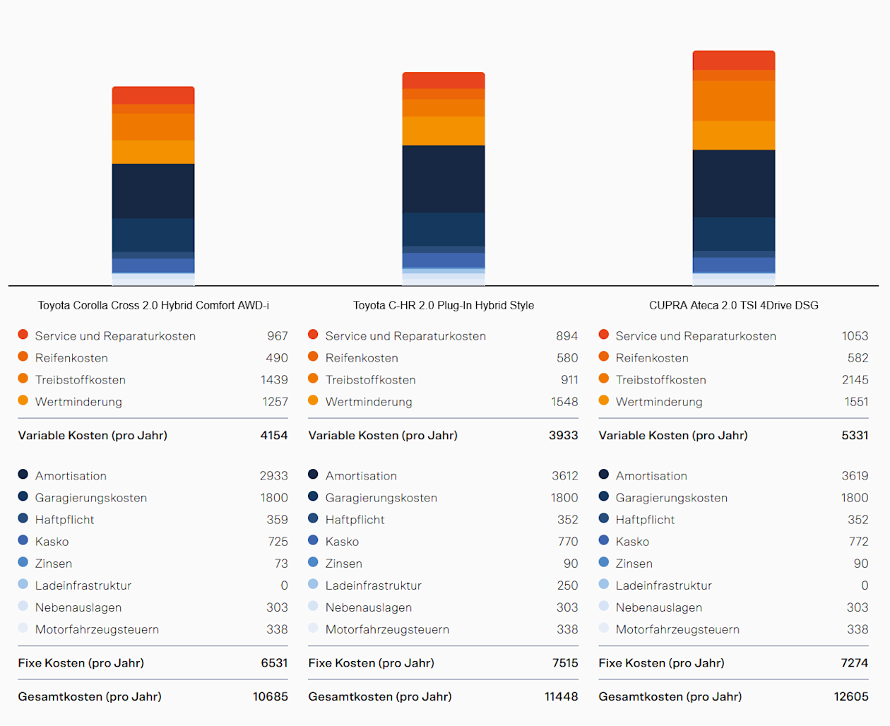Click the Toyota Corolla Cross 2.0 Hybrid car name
pos(153,305)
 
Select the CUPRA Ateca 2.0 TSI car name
pos(733,305)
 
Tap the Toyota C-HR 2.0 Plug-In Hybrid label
pos(443,305)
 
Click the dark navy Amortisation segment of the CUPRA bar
pos(733,184)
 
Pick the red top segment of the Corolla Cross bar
pos(153,95)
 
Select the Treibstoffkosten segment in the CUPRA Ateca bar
pos(733,101)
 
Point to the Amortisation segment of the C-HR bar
pos(443,179)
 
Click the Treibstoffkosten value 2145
pos(855,380)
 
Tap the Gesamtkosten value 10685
pos(271,696)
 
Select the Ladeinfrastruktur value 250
pos(567,585)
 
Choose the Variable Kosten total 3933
pos(563,435)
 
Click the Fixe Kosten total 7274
pos(855,662)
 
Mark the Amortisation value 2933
pos(273,476)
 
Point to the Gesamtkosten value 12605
pos(851,696)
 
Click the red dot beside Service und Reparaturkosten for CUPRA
pos(604,335)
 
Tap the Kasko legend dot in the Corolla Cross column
pos(23,540)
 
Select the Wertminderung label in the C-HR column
pos(369,402)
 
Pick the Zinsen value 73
pos(281,564)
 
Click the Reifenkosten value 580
pos(567,358)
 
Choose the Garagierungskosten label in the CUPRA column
pos(671,498)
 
